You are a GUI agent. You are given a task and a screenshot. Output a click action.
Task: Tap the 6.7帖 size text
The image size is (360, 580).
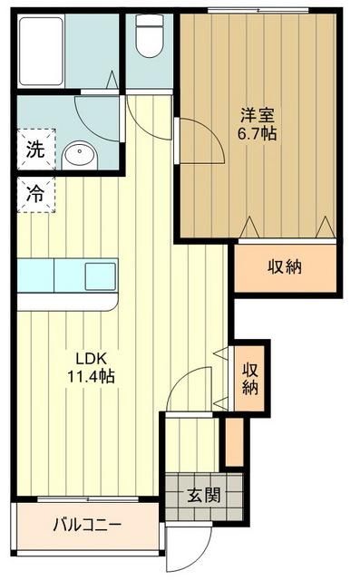[258, 134]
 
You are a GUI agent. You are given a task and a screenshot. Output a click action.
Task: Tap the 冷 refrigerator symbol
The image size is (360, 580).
[34, 194]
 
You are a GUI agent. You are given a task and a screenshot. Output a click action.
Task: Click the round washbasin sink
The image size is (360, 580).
[80, 156]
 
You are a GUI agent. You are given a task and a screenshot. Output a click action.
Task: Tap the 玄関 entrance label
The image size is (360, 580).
[203, 496]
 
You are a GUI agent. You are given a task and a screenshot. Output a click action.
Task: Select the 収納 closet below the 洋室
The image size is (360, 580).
[286, 267]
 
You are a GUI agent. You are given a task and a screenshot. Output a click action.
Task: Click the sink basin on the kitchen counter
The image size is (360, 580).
[100, 270]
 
